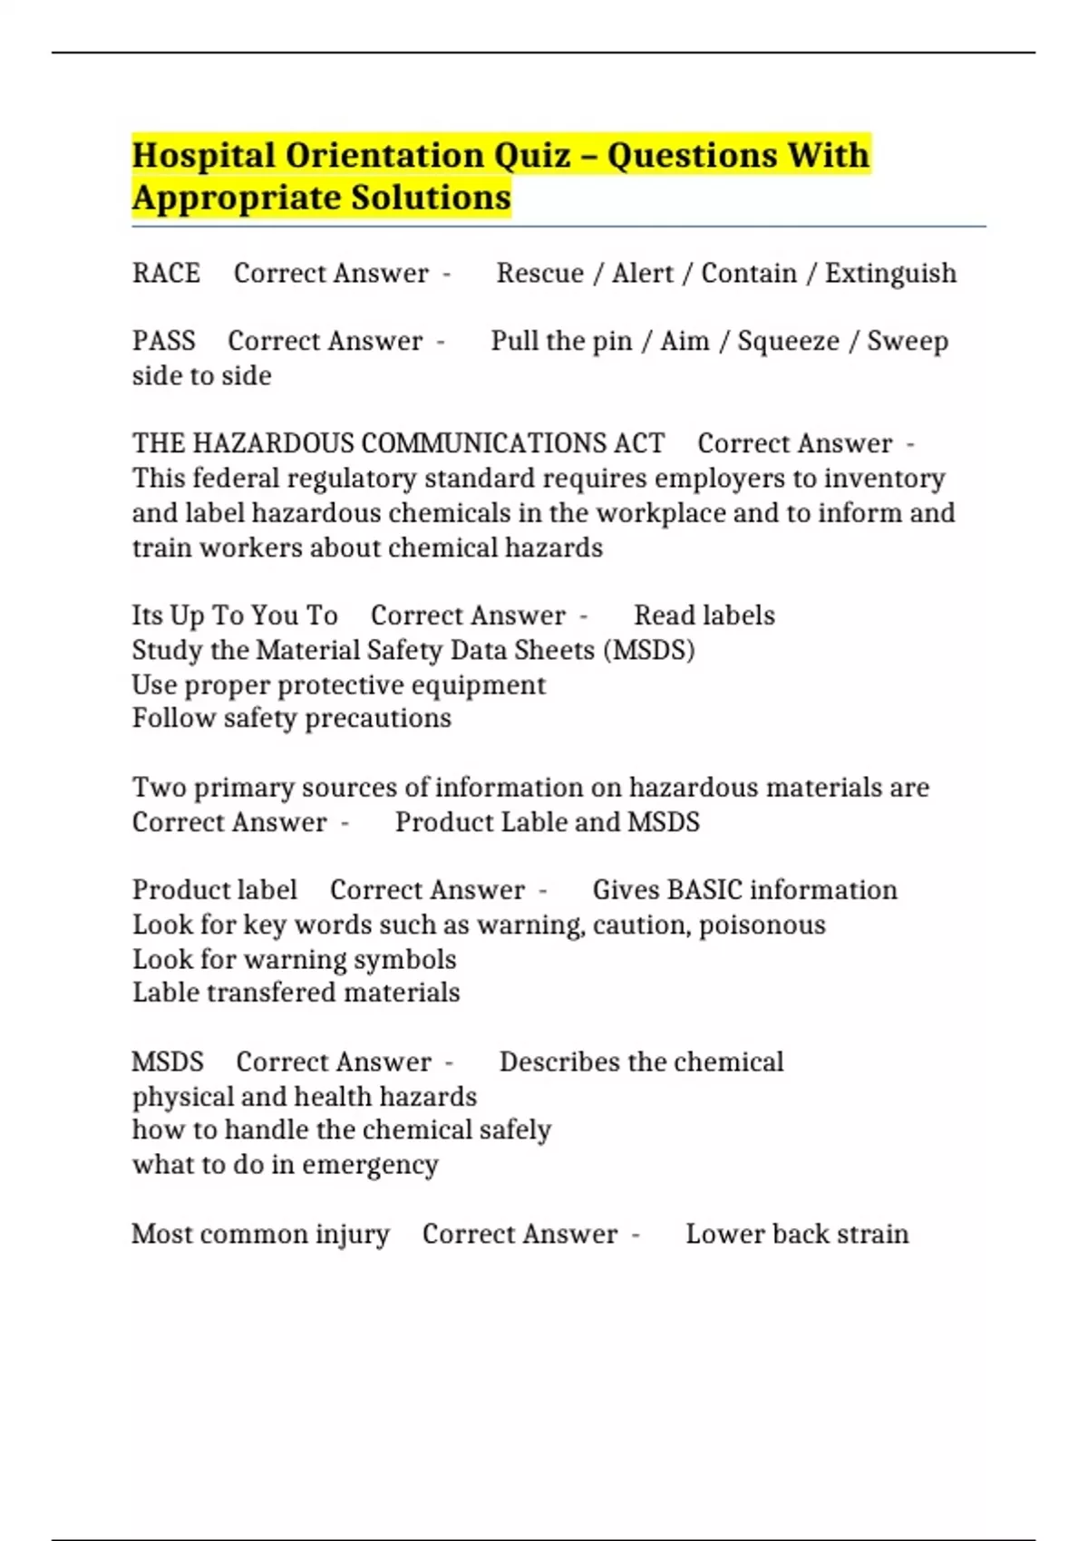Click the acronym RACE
tap(166, 273)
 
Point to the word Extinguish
tap(890, 273)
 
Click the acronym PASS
tap(163, 341)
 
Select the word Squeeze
tap(788, 341)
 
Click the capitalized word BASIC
tap(704, 889)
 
